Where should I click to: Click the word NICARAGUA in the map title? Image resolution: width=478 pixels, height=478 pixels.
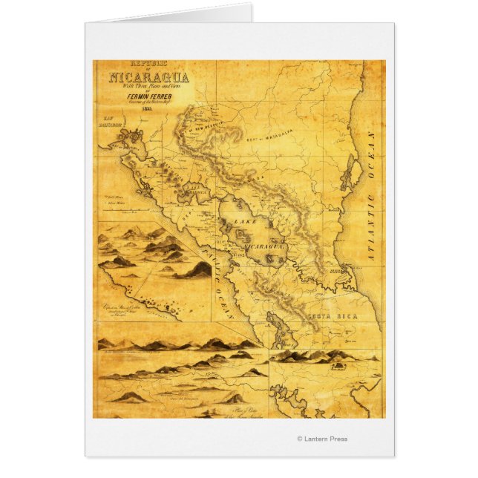tap(148, 76)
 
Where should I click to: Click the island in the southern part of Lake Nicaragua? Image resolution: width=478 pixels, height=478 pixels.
tap(274, 259)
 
